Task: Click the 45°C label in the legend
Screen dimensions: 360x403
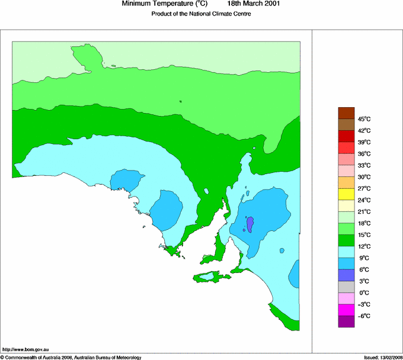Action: tap(364, 119)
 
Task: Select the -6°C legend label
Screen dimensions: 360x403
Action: tap(364, 316)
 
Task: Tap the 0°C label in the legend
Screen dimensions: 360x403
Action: tap(364, 293)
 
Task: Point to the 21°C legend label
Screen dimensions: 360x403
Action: tap(364, 212)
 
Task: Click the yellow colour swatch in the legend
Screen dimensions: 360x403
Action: tap(346, 194)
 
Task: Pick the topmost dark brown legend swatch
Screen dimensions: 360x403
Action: tap(346, 112)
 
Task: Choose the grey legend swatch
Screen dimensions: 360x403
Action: tap(346, 287)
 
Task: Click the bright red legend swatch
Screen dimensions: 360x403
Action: tap(346, 147)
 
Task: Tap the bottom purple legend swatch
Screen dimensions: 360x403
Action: tap(346, 322)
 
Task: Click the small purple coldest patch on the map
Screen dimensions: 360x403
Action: tap(250, 224)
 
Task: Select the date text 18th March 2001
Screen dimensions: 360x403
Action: tap(254, 4)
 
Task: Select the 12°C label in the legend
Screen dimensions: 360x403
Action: tap(364, 246)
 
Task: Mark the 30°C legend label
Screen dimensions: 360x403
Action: tap(364, 177)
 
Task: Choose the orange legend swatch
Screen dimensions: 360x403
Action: tap(346, 182)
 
